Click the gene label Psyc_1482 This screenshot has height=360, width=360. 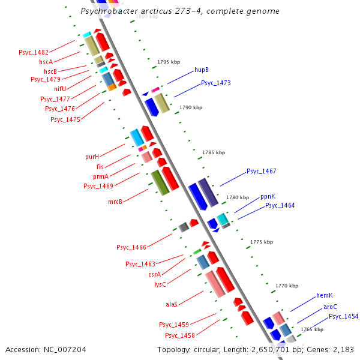coord(34,53)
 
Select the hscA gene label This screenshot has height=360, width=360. coord(46,62)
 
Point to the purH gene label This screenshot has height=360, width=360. coord(92,157)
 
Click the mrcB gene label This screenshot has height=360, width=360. coord(115,202)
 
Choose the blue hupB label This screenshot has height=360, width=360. coord(202,70)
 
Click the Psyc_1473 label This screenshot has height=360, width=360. coord(216,83)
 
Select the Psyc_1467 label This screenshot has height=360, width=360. coord(262,172)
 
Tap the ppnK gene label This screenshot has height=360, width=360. coord(268,197)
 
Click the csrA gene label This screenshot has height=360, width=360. coord(155,274)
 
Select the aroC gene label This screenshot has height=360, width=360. coord(330,307)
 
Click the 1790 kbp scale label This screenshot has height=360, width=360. coord(191,107)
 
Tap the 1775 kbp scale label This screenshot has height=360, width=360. coord(261,242)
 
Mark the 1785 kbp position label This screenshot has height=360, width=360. coord(214,152)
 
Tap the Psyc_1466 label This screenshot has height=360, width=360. coord(131,247)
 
